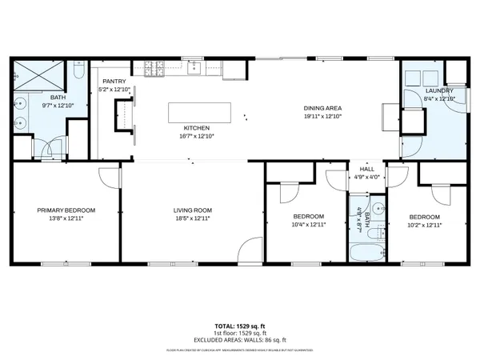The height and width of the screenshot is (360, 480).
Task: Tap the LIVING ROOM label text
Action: click(192, 210)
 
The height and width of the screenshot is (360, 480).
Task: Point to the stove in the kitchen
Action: click(150, 66)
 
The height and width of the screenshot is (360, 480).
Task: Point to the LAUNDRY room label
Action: click(439, 90)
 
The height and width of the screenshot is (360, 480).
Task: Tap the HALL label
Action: click(367, 169)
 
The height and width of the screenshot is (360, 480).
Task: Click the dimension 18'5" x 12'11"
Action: click(192, 218)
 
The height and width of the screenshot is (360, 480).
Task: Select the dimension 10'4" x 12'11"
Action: click(308, 225)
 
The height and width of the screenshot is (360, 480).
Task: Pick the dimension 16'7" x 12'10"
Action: click(197, 135)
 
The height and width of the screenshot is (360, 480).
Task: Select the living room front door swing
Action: click(250, 249)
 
